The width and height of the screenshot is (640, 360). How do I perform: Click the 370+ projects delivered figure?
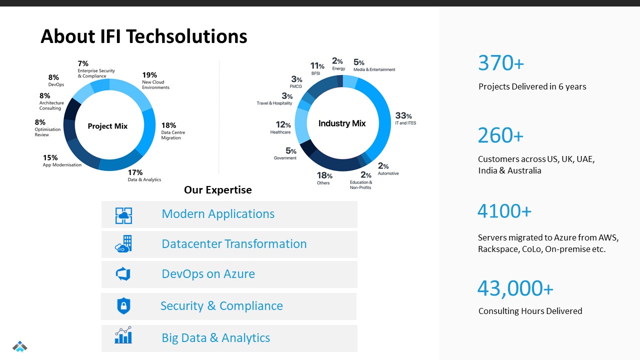[500, 63]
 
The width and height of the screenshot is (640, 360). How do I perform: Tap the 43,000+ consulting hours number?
[515, 288]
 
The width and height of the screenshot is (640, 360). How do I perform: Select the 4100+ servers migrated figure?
[504, 211]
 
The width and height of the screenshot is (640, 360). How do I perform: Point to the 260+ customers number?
[500, 135]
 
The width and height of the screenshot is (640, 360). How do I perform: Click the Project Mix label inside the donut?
[107, 126]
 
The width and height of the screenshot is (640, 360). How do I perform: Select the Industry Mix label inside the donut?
[342, 123]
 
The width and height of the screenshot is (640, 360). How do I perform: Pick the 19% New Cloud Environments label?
[155, 80]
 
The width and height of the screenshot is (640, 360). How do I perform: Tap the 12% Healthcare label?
[281, 127]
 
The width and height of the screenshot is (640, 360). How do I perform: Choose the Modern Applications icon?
[123, 215]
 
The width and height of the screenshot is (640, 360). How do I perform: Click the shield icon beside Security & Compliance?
[123, 306]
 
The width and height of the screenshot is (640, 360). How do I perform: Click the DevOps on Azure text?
[208, 274]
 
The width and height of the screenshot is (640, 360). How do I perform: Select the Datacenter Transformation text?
[234, 244]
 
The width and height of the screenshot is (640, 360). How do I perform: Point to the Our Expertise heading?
[218, 190]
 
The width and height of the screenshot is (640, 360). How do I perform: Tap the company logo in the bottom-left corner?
[20, 346]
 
